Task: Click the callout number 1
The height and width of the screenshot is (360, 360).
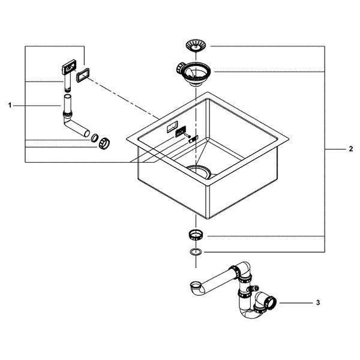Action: point(10,106)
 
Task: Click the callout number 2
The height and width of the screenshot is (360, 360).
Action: point(350,149)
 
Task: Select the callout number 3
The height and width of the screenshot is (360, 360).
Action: point(318,302)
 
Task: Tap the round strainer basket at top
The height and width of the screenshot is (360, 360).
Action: point(196,45)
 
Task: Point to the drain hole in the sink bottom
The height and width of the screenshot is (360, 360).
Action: point(199,171)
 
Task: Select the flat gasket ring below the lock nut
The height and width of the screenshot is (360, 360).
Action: point(196,252)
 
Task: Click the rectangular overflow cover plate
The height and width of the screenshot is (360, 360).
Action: point(69,67)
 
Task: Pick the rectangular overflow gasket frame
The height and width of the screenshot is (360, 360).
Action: point(83,75)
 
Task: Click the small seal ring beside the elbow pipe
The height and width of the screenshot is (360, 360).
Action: point(95,138)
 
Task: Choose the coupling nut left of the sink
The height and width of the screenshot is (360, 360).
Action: point(104,143)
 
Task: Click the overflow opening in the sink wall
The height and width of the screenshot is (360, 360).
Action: point(172,127)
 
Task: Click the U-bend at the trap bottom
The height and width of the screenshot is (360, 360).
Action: point(252,313)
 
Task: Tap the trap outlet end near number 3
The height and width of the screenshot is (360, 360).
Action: point(272,302)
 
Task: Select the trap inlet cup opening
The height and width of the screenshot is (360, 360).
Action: point(196,286)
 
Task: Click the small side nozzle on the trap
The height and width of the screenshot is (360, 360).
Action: point(254,287)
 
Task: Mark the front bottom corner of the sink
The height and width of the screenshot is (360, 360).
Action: point(208,218)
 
